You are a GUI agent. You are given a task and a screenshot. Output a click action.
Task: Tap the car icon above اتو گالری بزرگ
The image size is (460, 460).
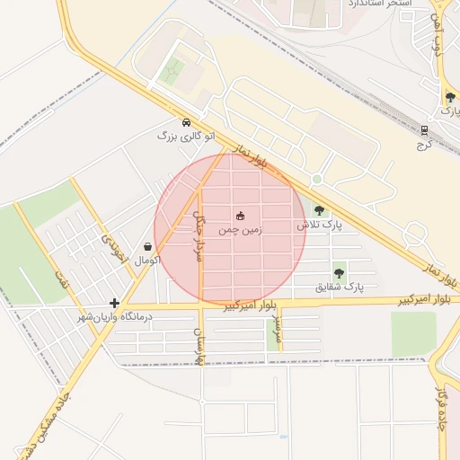point(186,122)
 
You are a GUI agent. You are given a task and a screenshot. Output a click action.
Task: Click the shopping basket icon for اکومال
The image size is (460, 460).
point(147,246)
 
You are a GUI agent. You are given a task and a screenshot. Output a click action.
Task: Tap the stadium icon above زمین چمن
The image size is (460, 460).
point(240,216)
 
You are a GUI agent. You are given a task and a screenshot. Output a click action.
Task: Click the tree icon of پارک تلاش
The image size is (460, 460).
point(320,210)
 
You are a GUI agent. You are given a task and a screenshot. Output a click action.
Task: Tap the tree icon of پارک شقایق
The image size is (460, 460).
point(339,273)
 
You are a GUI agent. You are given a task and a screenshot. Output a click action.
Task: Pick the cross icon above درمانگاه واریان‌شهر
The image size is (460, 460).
point(114,304)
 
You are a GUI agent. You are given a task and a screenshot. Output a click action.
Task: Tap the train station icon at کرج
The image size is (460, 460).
point(424,130)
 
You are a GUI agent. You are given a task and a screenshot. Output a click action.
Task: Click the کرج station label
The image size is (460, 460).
point(425,144)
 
